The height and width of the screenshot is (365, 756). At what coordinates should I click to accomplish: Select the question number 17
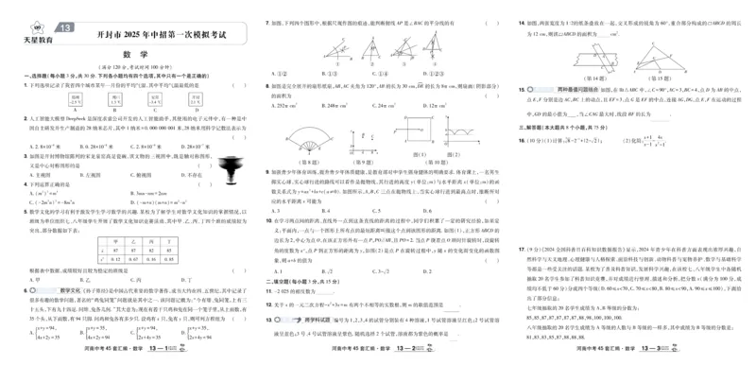521,249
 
